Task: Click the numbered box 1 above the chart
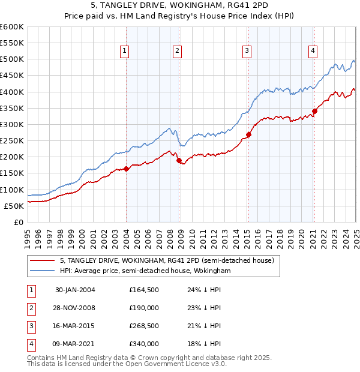(x=124, y=51)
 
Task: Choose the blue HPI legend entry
(x=145, y=271)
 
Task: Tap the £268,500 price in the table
(x=143, y=327)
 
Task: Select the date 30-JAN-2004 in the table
(x=75, y=290)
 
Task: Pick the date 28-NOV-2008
(x=75, y=308)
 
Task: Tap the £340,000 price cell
(x=143, y=344)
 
